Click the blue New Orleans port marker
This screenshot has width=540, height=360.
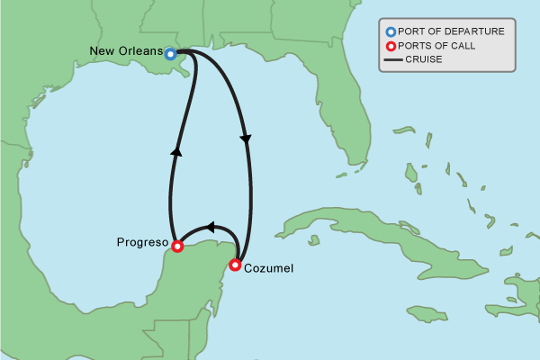click(171, 54)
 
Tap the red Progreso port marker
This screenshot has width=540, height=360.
click(177, 246)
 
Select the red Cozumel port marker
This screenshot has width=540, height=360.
click(235, 265)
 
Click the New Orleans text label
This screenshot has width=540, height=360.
click(127, 51)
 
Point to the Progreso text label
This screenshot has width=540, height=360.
click(143, 242)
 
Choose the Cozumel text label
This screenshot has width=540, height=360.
click(268, 268)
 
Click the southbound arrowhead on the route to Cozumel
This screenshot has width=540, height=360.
click(246, 139)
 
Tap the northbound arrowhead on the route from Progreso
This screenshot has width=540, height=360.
click(175, 152)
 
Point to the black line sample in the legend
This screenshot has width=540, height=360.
click(392, 60)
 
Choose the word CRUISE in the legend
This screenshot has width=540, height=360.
click(425, 60)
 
